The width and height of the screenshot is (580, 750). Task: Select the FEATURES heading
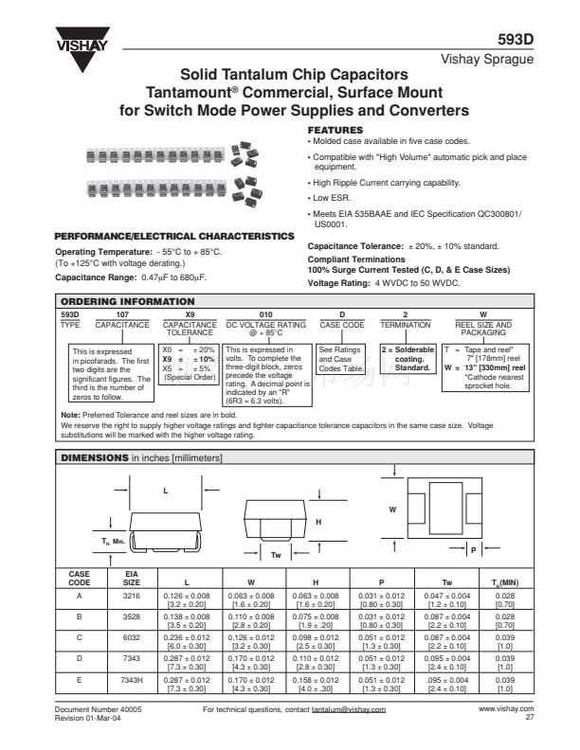336,129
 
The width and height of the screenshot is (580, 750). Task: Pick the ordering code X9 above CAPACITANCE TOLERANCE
190,312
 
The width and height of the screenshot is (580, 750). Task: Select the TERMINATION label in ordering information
405,323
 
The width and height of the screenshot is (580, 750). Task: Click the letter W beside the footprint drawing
392,509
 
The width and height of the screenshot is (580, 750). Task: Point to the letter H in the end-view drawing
318,522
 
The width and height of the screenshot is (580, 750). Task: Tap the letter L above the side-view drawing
165,491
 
